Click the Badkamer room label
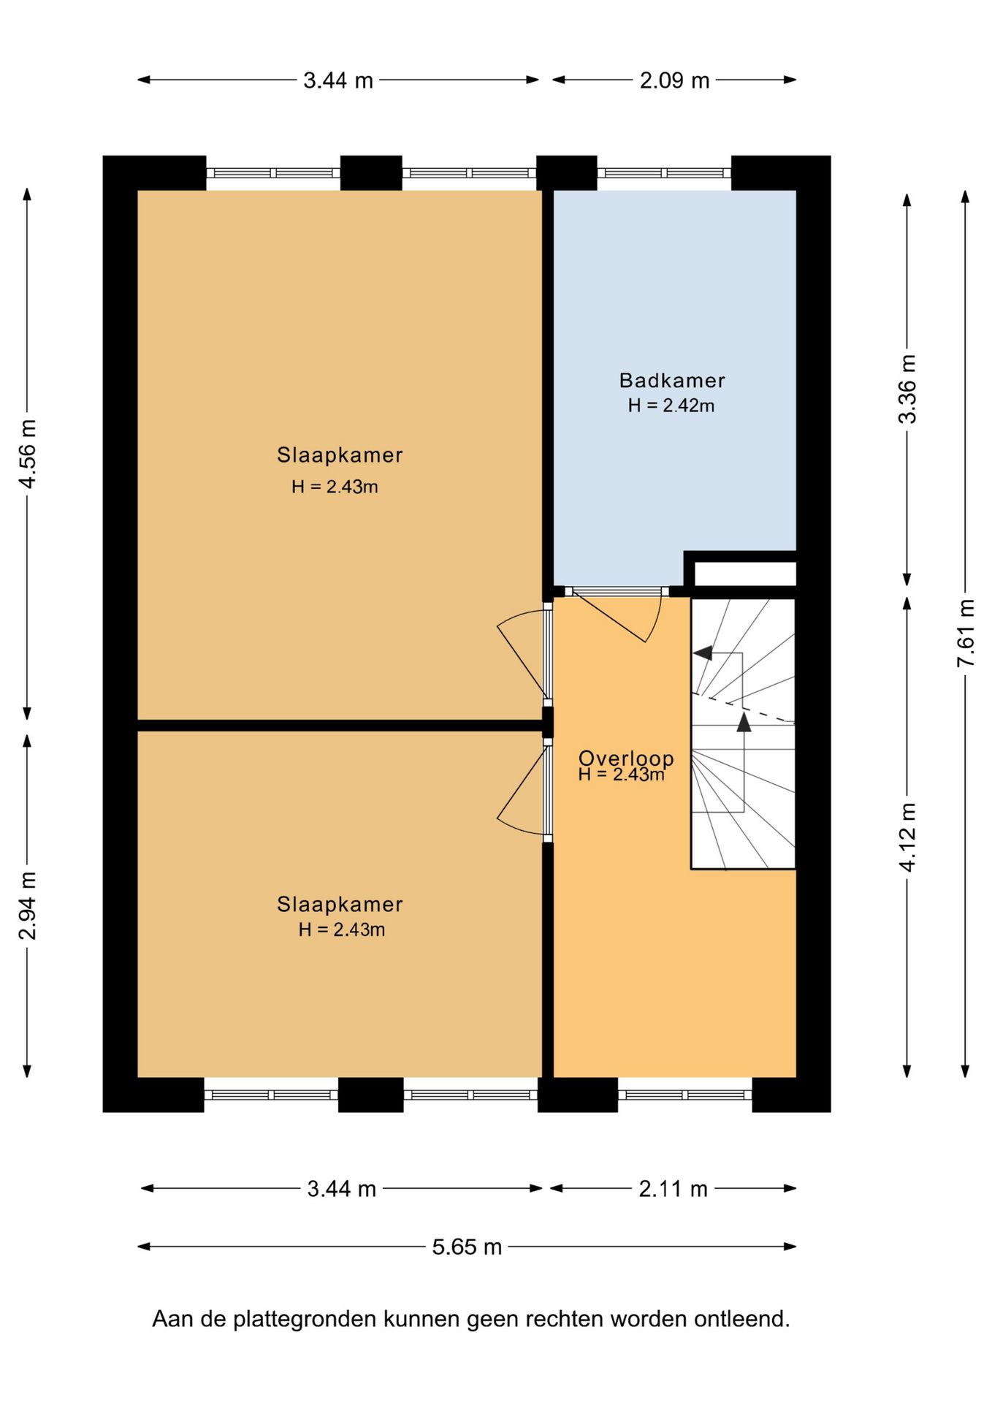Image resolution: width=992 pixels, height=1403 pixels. (672, 381)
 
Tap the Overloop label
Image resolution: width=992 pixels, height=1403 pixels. (626, 758)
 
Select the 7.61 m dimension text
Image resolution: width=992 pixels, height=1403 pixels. (966, 632)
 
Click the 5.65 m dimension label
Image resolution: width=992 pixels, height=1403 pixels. (467, 1246)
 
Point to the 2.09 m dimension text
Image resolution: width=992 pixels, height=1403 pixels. (674, 80)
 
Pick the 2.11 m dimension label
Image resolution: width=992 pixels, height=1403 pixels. (673, 1189)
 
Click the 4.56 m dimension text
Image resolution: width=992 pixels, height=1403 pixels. (28, 454)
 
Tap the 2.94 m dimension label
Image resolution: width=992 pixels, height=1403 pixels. (28, 905)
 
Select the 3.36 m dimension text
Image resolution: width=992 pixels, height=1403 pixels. (907, 389)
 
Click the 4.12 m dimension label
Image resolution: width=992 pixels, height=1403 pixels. (907, 837)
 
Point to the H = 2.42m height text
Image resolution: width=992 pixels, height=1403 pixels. (671, 406)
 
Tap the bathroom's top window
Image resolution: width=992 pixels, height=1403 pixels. (664, 173)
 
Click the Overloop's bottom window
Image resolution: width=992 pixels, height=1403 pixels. (685, 1095)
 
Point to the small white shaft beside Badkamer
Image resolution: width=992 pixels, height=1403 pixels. (744, 574)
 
